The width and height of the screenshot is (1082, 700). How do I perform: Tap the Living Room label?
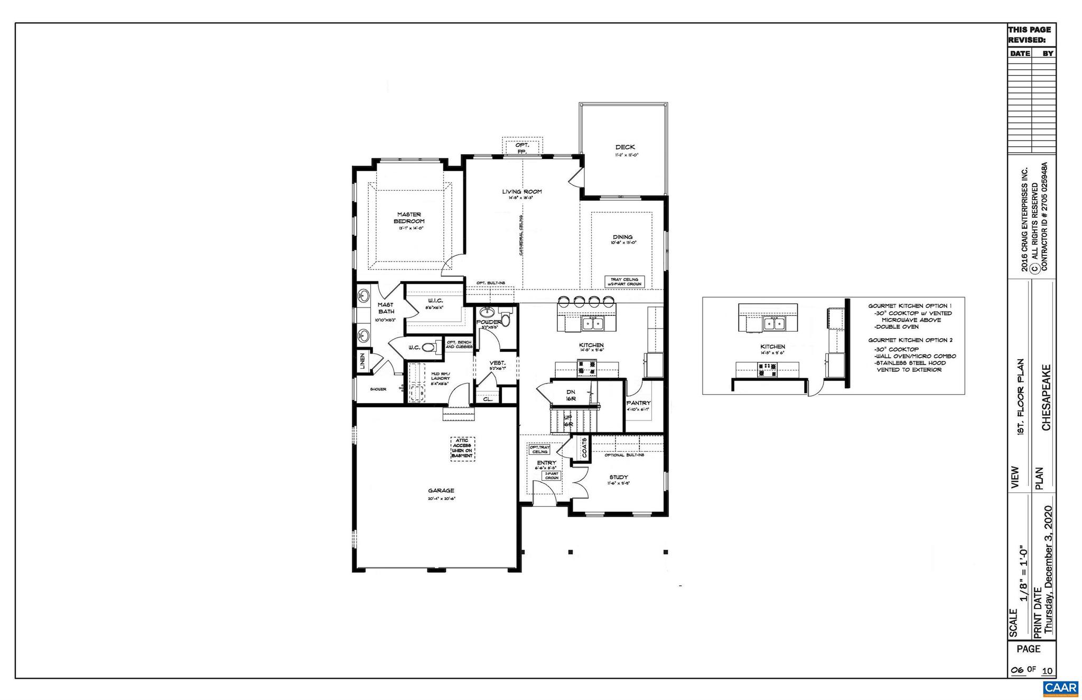click(x=521, y=192)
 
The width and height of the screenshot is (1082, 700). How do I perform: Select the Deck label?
click(x=625, y=147)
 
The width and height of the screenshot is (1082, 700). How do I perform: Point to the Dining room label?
click(x=622, y=237)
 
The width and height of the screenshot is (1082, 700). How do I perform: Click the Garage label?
click(x=441, y=491)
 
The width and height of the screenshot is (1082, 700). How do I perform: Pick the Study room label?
click(x=618, y=477)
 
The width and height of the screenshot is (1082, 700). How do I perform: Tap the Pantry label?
click(x=638, y=403)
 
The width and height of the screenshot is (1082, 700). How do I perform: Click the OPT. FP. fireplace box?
click(x=522, y=148)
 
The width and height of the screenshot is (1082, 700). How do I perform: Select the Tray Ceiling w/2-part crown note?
click(x=624, y=282)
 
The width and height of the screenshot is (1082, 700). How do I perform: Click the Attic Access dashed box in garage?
click(x=462, y=449)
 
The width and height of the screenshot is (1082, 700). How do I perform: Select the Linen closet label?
click(x=362, y=362)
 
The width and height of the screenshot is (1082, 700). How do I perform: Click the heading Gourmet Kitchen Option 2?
click(x=910, y=340)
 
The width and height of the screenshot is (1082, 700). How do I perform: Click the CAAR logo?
click(x=1060, y=688)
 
